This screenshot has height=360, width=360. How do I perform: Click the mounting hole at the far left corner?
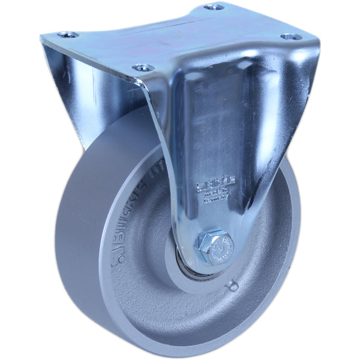(x=67, y=35)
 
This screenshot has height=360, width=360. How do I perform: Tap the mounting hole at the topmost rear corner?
(x=214, y=7)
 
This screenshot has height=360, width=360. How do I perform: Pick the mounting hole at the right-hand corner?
(x=292, y=37)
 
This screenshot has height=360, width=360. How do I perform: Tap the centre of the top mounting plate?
(x=180, y=36)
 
